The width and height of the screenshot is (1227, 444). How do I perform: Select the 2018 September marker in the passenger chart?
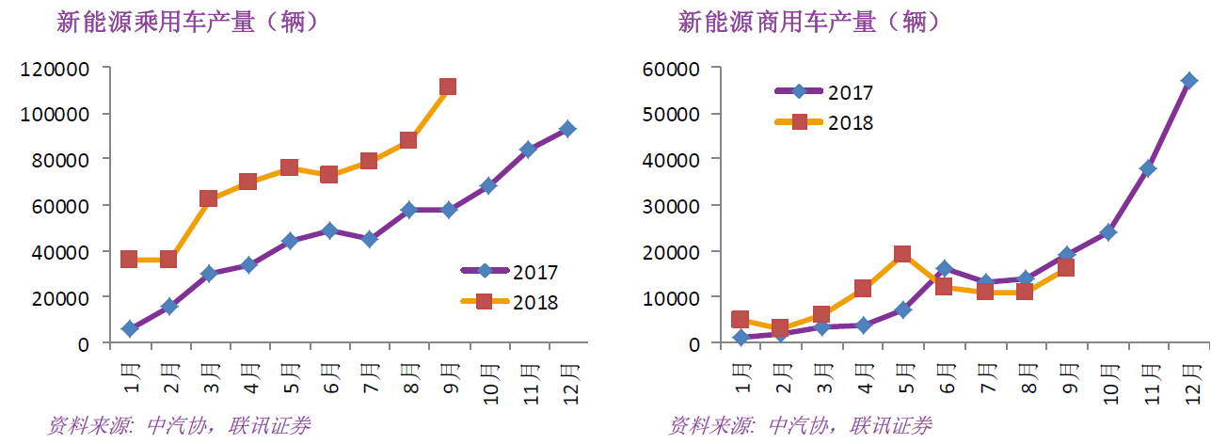[x=448, y=87]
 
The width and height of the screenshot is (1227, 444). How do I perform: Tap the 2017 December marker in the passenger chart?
[x=567, y=129]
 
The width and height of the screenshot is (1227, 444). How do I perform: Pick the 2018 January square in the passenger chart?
[x=130, y=260]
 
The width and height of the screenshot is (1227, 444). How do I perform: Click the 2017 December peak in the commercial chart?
[x=1189, y=81]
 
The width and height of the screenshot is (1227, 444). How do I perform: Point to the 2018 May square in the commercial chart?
[x=901, y=254]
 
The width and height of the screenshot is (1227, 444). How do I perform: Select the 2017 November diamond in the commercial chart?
[x=1147, y=169]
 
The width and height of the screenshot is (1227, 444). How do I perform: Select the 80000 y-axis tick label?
[x=60, y=160]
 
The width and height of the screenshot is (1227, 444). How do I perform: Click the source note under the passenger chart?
[x=179, y=426]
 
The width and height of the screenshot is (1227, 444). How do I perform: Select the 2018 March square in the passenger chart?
[x=209, y=198]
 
